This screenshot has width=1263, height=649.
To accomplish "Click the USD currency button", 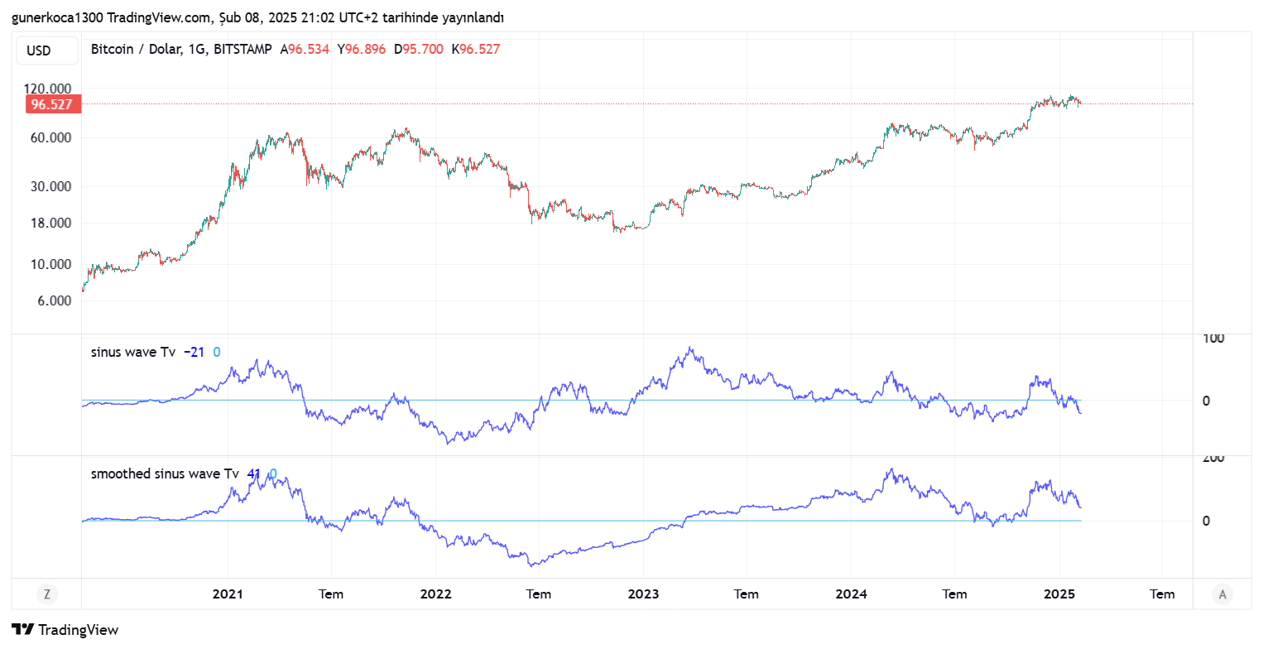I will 39,50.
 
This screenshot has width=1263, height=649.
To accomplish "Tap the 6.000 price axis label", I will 55,300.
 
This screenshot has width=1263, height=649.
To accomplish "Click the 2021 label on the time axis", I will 228,594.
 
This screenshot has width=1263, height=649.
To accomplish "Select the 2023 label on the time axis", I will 643,594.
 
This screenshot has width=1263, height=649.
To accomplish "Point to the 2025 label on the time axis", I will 1059,594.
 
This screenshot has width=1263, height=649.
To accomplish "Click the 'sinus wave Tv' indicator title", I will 133,352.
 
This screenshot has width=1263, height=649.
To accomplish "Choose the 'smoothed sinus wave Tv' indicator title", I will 165,474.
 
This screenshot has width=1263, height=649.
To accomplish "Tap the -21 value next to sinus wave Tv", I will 194,352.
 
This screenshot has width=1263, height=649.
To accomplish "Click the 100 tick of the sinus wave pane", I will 1213,339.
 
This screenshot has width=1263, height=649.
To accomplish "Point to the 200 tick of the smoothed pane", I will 1213,459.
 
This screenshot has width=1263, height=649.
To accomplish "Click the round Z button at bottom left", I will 47,594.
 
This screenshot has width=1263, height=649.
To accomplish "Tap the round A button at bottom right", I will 1222,594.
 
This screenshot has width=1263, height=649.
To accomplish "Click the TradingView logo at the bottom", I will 65,629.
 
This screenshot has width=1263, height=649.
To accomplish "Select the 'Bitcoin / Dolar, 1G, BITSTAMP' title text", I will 181,50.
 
